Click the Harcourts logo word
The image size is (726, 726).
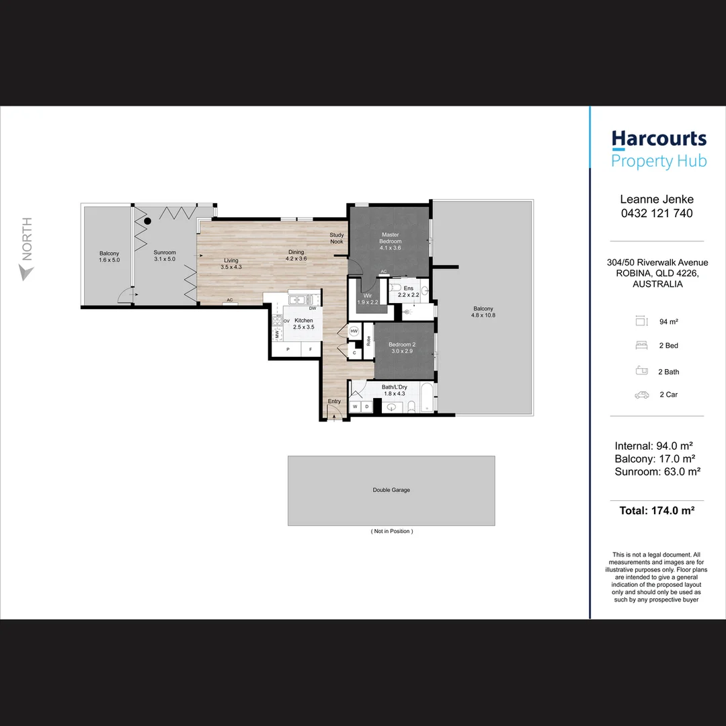[659, 139]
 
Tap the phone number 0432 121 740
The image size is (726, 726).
[656, 213]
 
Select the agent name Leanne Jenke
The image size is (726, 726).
[656, 199]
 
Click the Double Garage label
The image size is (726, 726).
[391, 490]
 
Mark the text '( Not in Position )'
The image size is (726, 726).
[391, 531]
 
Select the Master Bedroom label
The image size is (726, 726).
[390, 241]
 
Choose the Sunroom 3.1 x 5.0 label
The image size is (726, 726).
[165, 255]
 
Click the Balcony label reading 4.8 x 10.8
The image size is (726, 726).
[483, 311]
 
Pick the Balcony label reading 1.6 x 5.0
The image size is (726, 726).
[109, 256]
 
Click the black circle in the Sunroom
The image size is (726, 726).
[147, 220]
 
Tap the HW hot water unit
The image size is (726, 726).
[354, 331]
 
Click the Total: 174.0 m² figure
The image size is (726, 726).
[656, 510]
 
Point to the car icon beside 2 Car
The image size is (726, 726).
[641, 395]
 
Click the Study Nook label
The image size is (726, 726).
[336, 238]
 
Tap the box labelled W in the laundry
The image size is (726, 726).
[355, 407]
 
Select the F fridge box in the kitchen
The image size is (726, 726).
[311, 350]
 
